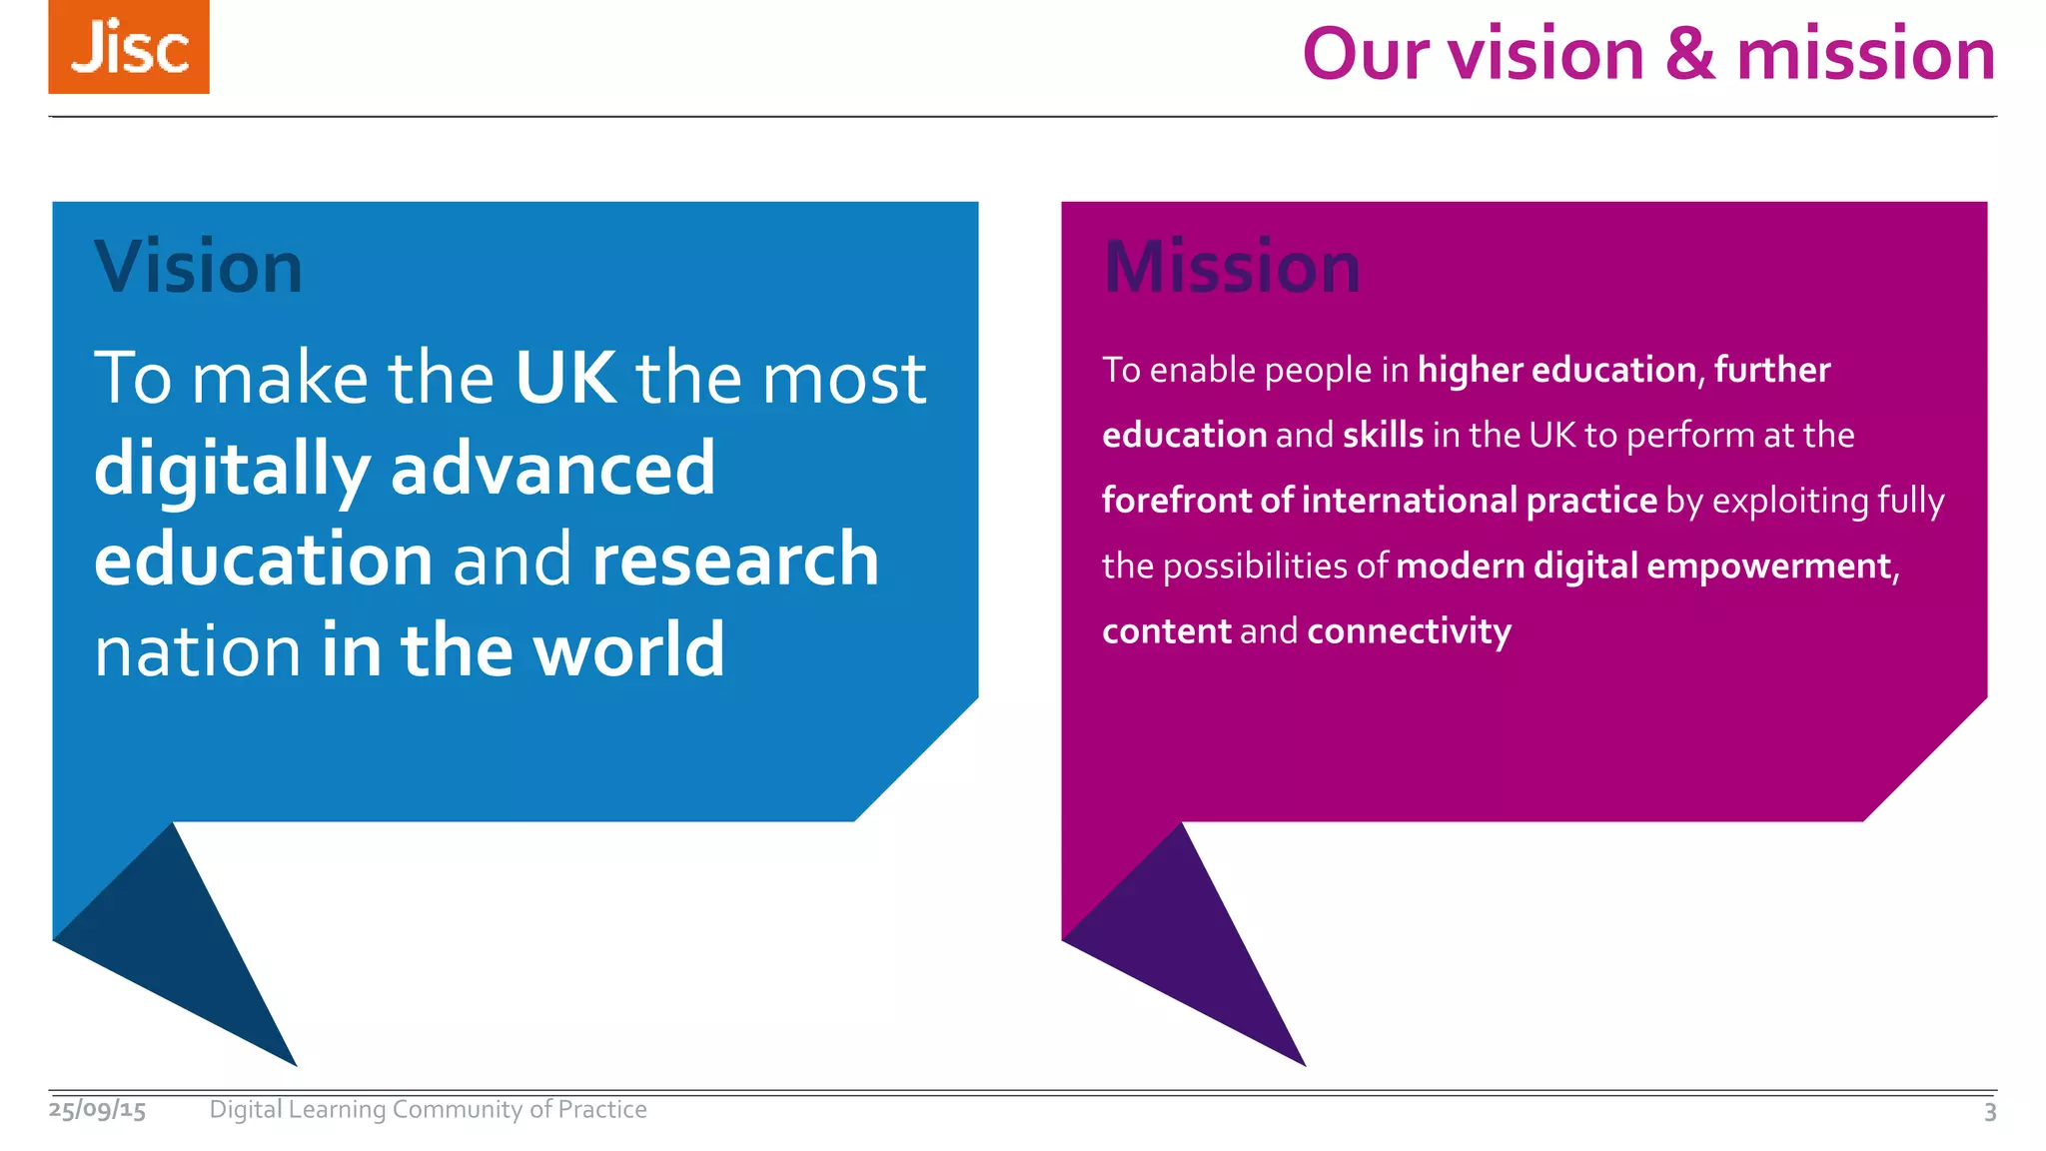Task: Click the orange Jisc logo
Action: coord(129,47)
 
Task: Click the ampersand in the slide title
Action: coord(1689,54)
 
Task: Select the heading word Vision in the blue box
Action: coord(198,268)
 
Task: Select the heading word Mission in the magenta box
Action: coord(1232,268)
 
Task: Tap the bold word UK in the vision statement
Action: coord(565,378)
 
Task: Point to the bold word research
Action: coord(735,560)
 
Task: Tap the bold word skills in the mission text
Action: coord(1383,436)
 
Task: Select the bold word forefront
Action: coord(1176,501)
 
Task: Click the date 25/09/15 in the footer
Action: coord(98,1110)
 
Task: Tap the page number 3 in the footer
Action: coord(1989,1112)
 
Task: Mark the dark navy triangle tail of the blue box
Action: coord(180,949)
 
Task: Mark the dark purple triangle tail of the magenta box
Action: coord(1189,949)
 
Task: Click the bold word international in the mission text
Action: coord(1410,501)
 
